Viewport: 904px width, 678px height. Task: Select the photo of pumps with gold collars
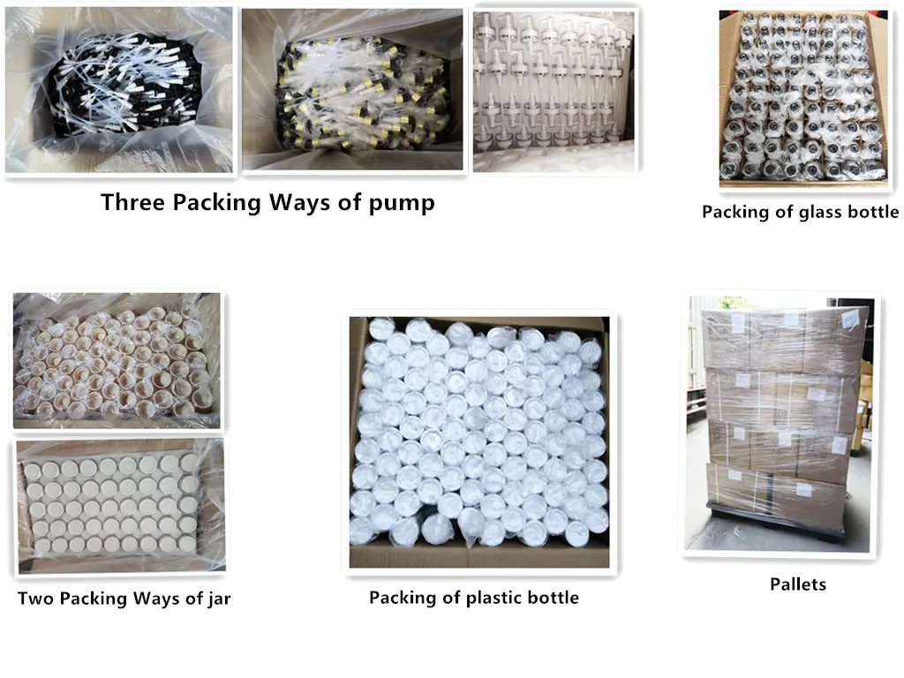tap(352, 90)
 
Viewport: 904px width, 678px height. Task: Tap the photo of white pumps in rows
tap(554, 92)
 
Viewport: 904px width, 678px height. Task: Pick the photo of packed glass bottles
tap(802, 99)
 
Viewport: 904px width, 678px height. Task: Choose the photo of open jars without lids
tap(117, 360)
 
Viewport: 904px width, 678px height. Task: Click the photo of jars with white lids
tap(120, 506)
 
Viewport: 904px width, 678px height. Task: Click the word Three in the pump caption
tap(133, 202)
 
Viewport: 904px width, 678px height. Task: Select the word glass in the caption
tap(813, 212)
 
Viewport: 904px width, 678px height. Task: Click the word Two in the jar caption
tap(36, 599)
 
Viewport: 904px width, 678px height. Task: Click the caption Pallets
tap(798, 584)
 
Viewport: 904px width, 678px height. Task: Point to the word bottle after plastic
tap(553, 598)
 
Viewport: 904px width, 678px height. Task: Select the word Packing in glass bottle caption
tap(734, 213)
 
